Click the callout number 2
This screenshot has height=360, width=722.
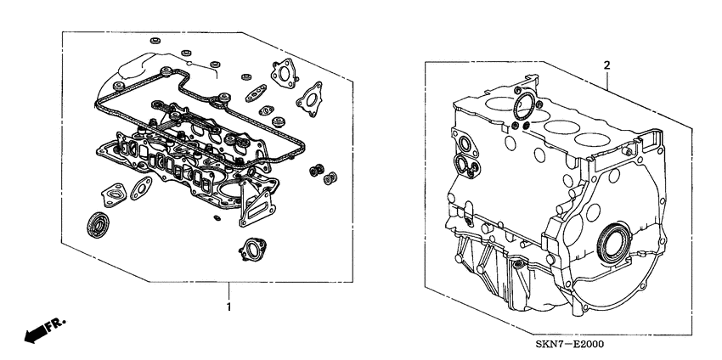(607, 65)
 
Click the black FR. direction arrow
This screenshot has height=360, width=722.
(37, 335)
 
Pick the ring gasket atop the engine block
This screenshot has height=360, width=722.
(525, 107)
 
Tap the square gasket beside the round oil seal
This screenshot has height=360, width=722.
(112, 194)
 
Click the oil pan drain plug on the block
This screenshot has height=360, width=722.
(516, 268)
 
